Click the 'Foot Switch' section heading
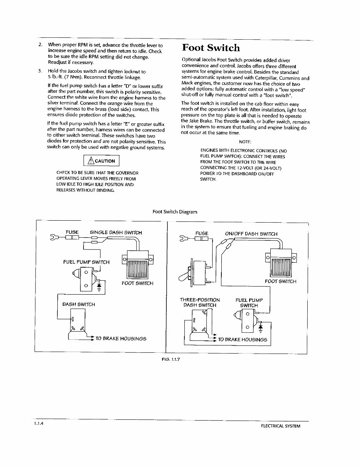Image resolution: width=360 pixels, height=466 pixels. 211,48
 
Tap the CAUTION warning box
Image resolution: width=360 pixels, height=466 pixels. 102,161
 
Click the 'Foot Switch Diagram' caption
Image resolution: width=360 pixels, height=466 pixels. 175,212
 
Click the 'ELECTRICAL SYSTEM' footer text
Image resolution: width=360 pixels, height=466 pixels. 280,426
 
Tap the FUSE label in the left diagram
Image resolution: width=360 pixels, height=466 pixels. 72,232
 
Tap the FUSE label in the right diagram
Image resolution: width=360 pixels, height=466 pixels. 201,233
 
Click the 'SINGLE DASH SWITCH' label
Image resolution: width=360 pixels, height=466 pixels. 116,232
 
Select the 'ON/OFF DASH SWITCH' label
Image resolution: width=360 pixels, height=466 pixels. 251,233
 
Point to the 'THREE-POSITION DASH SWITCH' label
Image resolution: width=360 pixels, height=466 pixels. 199,302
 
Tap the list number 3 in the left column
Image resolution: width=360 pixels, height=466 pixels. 40,71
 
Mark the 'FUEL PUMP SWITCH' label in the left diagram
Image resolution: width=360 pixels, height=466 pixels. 86,262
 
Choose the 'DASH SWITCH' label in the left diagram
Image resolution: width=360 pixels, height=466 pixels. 79,304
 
